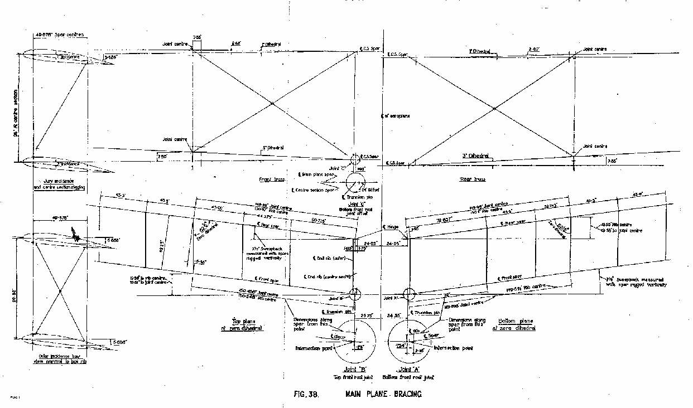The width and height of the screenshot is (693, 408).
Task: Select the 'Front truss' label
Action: click(x=261, y=179)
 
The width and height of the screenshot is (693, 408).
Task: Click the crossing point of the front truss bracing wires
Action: click(x=272, y=104)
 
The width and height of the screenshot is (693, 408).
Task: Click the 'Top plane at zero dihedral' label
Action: click(x=248, y=326)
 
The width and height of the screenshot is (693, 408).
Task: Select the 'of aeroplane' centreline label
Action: click(x=397, y=116)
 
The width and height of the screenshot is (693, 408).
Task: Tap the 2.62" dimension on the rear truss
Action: click(x=534, y=50)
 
